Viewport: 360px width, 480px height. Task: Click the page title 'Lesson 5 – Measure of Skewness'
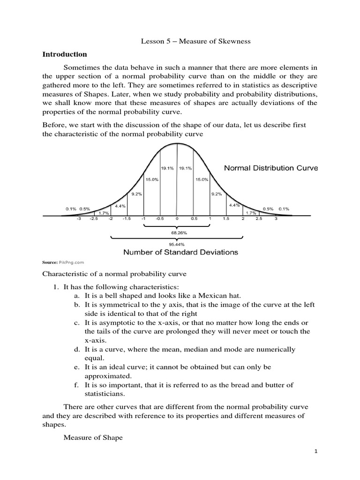[x=196, y=42]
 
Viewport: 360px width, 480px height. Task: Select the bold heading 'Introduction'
[x=65, y=54]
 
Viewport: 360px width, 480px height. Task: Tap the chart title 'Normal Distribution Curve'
[x=270, y=168]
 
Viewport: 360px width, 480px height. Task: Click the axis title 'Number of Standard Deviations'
[x=180, y=252]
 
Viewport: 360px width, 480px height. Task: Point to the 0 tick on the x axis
[x=177, y=218]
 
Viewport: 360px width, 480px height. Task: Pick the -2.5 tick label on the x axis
[x=94, y=218]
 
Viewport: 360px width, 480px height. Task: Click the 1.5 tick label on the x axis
[x=226, y=218]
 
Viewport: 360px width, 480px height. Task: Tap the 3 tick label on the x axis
[x=276, y=218]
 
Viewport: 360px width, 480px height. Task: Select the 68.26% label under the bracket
[x=177, y=232]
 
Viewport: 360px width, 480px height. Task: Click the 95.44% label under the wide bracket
[x=177, y=244]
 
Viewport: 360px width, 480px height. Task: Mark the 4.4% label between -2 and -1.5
[x=119, y=206]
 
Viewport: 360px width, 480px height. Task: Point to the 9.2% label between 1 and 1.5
[x=216, y=194]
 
